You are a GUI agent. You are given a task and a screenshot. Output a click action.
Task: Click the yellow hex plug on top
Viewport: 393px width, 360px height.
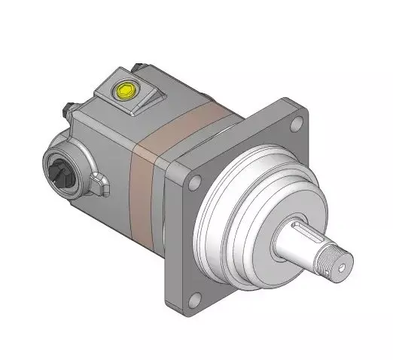(x=123, y=92)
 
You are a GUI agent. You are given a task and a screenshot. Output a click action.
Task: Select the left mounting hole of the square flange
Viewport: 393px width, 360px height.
(x=196, y=181)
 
